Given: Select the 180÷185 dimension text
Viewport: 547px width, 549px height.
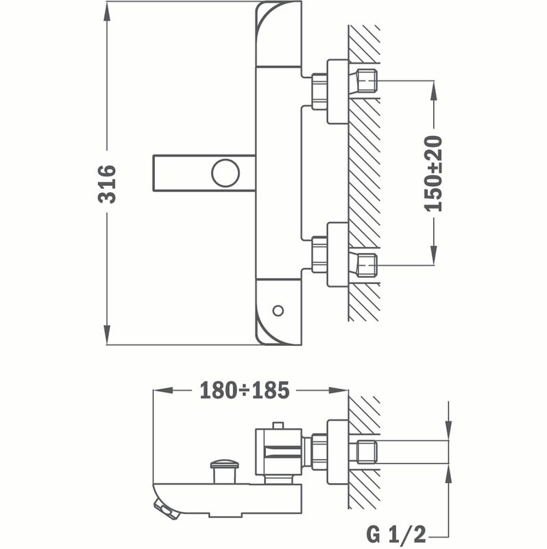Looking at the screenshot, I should pyautogui.click(x=245, y=390).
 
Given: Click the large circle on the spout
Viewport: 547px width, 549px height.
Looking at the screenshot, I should pyautogui.click(x=226, y=172).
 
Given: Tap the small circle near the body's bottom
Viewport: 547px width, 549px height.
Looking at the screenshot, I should pyautogui.click(x=278, y=310).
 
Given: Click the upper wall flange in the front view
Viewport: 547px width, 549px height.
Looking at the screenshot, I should pyautogui.click(x=337, y=92).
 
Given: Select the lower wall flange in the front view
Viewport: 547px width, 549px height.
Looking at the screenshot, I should pyautogui.click(x=337, y=254).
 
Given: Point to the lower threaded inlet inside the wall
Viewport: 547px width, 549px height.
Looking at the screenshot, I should pyautogui.click(x=366, y=263).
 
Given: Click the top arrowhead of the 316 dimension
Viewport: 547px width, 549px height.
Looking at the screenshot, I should pyautogui.click(x=108, y=13).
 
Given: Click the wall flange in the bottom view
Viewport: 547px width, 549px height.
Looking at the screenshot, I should pyautogui.click(x=337, y=452).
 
